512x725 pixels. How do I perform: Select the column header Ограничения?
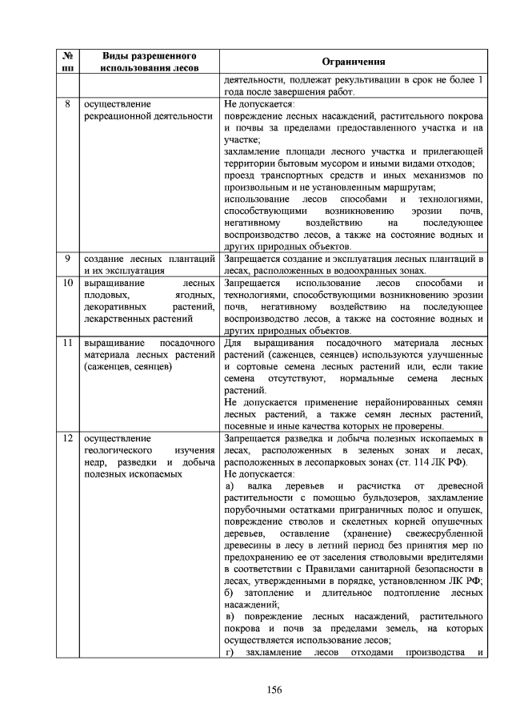coord(353,62)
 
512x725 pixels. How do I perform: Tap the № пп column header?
coord(67,62)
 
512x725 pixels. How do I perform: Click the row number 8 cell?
coord(67,104)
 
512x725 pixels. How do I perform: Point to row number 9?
coord(67,260)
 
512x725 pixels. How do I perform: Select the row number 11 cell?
coord(67,343)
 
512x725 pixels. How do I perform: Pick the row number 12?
coord(67,439)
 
